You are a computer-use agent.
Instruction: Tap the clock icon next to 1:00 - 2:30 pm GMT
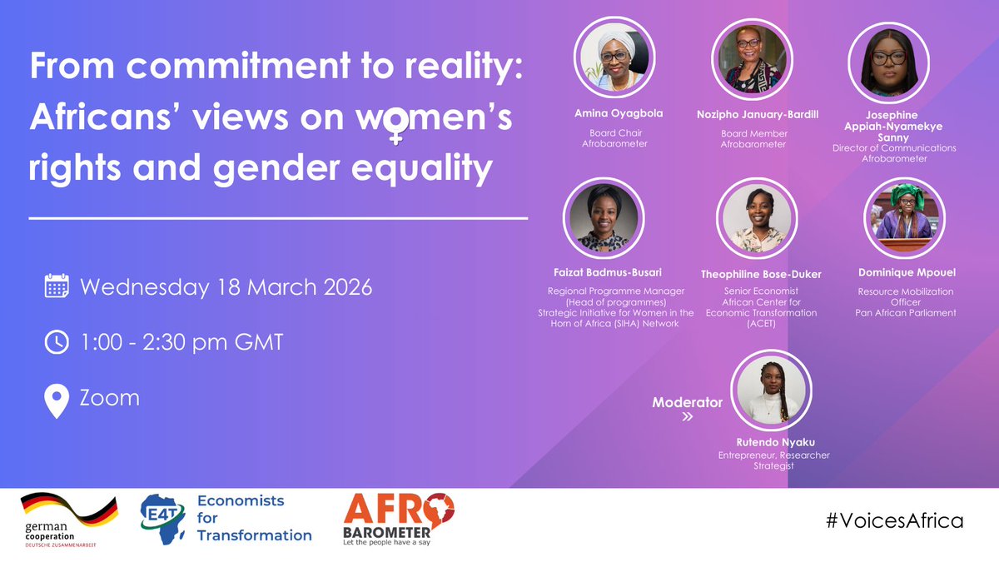pyautogui.click(x=57, y=342)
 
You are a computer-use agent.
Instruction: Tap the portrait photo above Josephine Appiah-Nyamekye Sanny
pyautogui.click(x=882, y=62)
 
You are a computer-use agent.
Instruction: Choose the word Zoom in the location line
pyautogui.click(x=109, y=397)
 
